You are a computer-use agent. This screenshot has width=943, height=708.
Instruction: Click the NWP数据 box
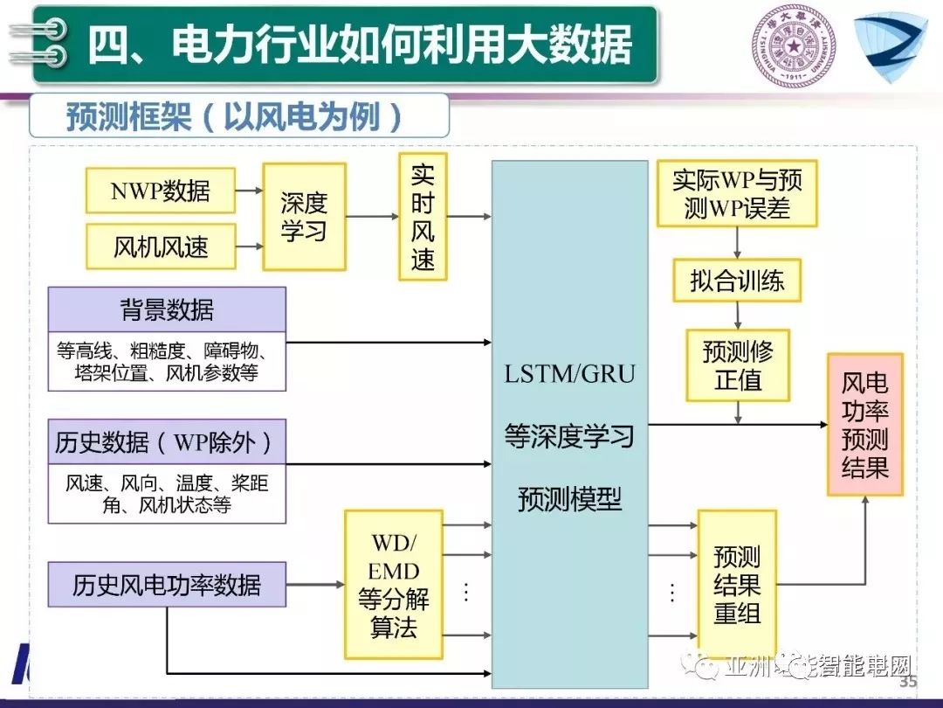[x=161, y=190]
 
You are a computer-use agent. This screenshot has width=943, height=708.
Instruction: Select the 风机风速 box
[x=161, y=246]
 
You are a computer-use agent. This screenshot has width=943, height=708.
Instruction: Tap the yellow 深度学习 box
[x=304, y=216]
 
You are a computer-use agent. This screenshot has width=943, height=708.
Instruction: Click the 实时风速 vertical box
[x=423, y=217]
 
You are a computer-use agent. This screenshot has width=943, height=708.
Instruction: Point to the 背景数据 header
[x=167, y=309]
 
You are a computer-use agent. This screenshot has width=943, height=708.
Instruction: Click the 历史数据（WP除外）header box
[x=167, y=441]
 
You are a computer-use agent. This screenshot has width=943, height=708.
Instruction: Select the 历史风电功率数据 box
[x=167, y=584]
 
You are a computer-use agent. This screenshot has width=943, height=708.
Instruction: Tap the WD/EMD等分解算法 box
[x=394, y=585]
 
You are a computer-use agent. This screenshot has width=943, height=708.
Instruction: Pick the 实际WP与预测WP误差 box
[x=737, y=194]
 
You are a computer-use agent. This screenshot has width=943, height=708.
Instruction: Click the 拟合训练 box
[x=737, y=281]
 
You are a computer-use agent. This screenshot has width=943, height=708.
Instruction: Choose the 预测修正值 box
[x=738, y=365]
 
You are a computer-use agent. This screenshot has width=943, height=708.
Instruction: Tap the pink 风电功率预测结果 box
[x=864, y=425]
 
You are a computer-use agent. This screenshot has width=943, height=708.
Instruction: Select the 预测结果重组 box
[x=737, y=585]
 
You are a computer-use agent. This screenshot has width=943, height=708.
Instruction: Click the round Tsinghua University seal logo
[x=794, y=46]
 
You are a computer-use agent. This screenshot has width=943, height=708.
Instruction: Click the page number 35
[x=908, y=682]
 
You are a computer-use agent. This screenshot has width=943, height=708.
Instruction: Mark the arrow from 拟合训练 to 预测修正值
[x=738, y=315]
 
